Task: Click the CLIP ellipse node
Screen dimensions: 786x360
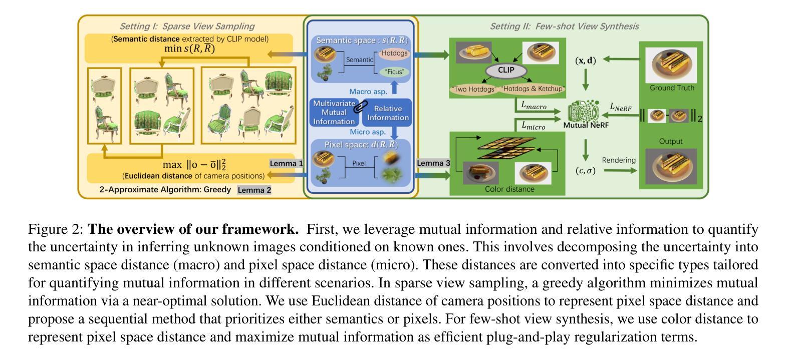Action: pos(506,71)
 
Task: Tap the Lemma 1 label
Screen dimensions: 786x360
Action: pos(287,164)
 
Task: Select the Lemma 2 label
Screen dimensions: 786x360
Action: pos(254,190)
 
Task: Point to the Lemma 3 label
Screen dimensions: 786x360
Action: pos(433,163)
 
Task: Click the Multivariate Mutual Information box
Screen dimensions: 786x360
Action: pos(334,113)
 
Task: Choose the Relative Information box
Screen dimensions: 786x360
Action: pos(388,113)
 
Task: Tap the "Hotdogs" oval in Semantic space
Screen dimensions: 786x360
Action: pos(395,54)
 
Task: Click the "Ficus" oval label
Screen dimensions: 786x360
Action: pos(394,72)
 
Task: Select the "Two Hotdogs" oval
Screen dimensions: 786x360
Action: pos(474,89)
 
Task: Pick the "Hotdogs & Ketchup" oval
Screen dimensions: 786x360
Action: pos(533,89)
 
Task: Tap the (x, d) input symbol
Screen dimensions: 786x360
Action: pos(585,61)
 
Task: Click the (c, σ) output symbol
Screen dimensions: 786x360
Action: pos(585,171)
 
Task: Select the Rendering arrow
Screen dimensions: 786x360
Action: pos(620,171)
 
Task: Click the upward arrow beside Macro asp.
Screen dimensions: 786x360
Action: pos(394,88)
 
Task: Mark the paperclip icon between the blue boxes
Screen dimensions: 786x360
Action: pos(361,106)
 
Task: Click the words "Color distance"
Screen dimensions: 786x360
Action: pos(509,189)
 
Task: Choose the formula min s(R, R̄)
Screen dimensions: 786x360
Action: pos(189,48)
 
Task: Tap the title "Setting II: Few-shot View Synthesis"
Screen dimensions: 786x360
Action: pos(564,27)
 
